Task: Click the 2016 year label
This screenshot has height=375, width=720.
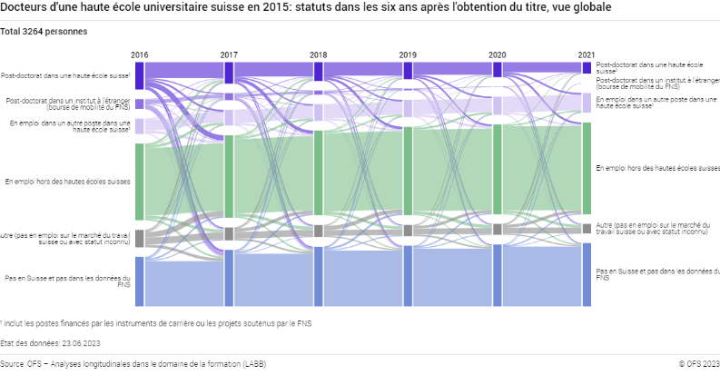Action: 139,55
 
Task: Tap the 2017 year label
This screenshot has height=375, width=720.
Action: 229,55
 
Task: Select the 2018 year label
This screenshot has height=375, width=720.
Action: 318,55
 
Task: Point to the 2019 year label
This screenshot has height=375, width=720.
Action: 408,55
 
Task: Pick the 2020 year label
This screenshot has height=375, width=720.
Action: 497,55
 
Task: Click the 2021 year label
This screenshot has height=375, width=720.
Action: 587,55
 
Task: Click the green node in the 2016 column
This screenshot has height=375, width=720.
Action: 139,182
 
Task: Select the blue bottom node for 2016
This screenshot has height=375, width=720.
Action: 139,281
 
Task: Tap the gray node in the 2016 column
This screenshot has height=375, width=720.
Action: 139,238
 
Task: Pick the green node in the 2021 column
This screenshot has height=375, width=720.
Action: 587,168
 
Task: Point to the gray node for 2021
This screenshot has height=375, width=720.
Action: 587,228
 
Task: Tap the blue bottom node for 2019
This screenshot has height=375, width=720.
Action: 408,276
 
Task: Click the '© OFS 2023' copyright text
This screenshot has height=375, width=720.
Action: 698,364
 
